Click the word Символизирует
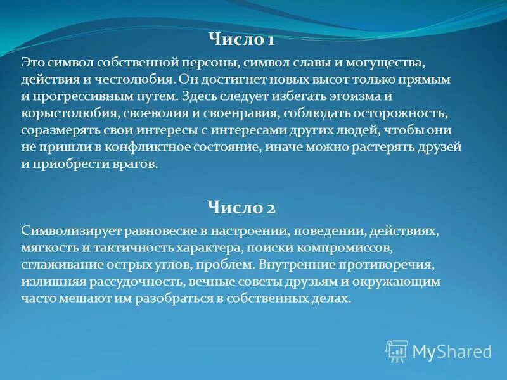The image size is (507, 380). [61, 230]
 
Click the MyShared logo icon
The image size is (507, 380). [397, 350]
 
